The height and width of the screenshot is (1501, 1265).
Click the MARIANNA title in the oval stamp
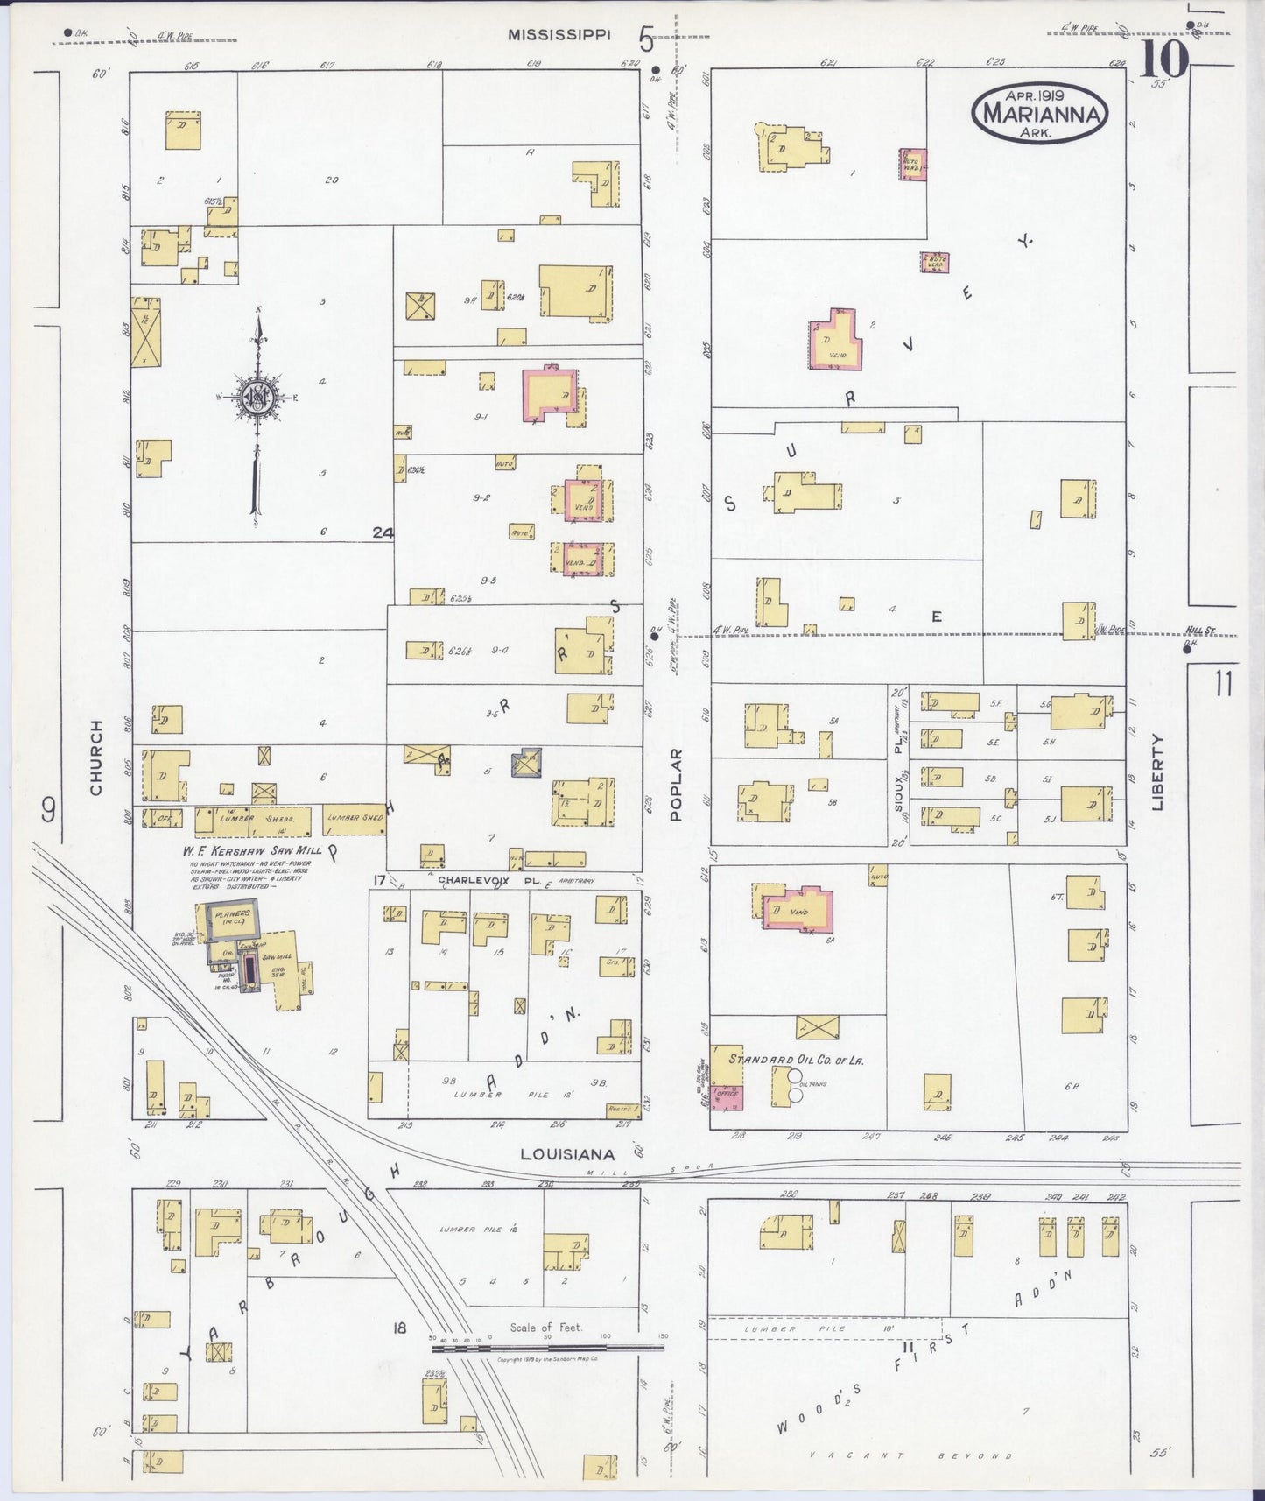(1040, 112)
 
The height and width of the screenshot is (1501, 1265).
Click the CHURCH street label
(96, 758)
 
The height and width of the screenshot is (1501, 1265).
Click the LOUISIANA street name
(566, 1154)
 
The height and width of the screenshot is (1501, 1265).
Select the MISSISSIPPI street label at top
(560, 35)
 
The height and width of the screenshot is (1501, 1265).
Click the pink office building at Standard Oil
(727, 1095)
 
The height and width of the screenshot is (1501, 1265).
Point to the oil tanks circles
(795, 1084)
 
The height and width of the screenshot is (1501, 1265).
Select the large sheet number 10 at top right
(1164, 60)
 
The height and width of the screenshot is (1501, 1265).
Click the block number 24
(382, 532)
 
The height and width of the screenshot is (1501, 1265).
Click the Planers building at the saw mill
(231, 920)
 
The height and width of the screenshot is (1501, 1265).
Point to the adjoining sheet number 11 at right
(1223, 683)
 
